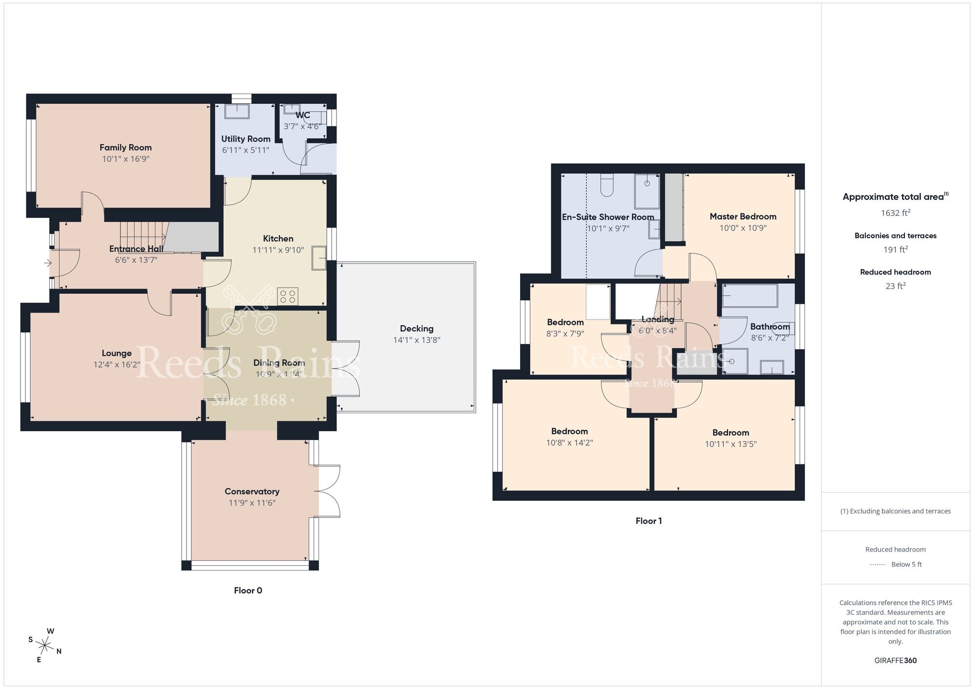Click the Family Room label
point(126,148)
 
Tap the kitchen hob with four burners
point(287,296)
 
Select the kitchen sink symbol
point(319,258)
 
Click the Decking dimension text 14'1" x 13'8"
point(416,340)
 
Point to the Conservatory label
point(252,492)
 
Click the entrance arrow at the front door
point(48,263)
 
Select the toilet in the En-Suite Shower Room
point(607,185)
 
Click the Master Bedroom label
point(743,217)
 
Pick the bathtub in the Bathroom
point(749,296)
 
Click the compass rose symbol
point(45,646)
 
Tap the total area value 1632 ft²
point(895,213)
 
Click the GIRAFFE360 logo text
point(895,661)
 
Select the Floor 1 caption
point(648,521)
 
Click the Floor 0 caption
point(248,591)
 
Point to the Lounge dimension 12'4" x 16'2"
point(117,364)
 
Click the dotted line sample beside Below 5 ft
point(877,565)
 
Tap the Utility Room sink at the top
point(237,111)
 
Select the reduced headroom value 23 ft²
point(895,286)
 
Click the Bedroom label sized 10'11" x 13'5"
point(730,433)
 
